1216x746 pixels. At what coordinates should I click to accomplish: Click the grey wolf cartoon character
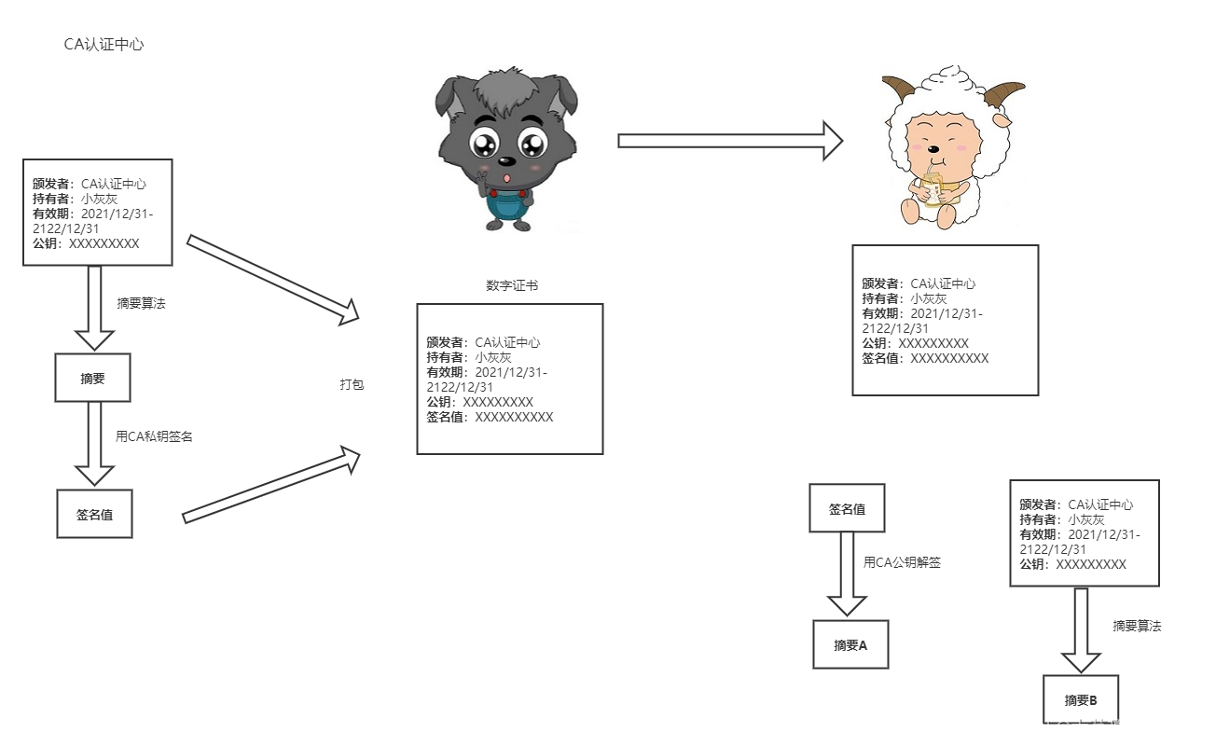506,148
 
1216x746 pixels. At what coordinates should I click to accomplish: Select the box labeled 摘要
92,379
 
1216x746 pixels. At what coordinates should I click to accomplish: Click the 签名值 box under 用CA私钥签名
94,514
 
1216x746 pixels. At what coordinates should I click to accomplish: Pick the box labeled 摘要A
850,644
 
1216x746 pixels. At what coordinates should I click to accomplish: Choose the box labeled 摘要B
1081,700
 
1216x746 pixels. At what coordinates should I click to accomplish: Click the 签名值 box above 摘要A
847,509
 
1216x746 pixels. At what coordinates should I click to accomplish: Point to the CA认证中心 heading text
104,45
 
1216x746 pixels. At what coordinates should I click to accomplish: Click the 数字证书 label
512,285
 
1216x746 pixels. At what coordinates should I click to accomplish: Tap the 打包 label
352,384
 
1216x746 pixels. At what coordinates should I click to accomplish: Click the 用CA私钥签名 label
154,436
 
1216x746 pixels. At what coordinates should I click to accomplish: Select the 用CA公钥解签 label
902,562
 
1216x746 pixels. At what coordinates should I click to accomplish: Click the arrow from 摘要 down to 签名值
94,444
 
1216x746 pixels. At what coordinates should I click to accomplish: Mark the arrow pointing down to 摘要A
847,573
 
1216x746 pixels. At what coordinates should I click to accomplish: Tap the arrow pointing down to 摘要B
1081,629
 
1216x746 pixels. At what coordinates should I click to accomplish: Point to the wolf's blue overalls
506,207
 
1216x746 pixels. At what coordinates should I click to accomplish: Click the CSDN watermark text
1101,727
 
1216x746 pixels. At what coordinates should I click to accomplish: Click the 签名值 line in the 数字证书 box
490,417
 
